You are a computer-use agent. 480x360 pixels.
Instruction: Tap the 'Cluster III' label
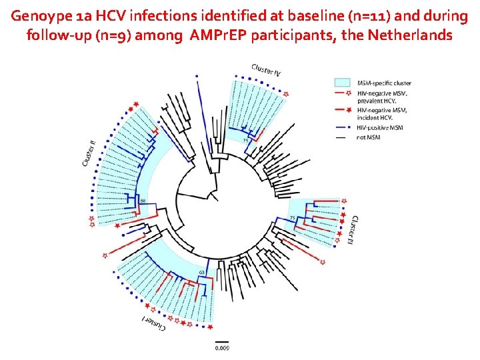353,230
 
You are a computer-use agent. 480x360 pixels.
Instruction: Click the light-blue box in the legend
341,82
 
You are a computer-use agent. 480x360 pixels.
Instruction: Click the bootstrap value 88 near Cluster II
143,201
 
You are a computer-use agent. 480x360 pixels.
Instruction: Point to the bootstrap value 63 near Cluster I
202,273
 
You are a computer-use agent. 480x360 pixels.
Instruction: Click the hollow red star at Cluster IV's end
286,95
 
